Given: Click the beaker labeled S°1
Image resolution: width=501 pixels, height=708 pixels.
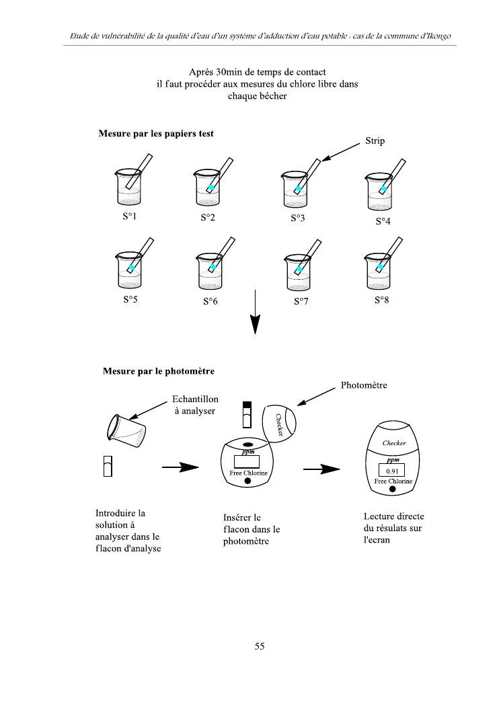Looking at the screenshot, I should click(128, 188).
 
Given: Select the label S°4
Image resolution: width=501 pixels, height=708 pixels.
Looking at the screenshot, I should click(383, 221).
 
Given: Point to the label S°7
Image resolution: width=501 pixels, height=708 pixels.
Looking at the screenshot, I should click(301, 302).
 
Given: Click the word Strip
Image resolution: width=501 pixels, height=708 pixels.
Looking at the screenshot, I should click(375, 141).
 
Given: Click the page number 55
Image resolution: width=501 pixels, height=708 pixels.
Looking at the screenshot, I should click(260, 646).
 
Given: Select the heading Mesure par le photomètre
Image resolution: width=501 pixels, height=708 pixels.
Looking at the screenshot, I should click(159, 370).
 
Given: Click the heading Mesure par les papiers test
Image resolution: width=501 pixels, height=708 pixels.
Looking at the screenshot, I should click(156, 134).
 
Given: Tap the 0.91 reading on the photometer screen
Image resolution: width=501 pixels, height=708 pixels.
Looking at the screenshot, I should click(392, 471).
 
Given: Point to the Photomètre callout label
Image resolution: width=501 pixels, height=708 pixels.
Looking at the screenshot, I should click(364, 386).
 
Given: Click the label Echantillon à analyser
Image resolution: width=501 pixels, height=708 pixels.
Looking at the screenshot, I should click(195, 405).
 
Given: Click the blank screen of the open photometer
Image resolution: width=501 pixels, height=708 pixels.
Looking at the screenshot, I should click(247, 462).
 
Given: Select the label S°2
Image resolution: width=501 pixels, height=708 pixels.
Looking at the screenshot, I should click(208, 218).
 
